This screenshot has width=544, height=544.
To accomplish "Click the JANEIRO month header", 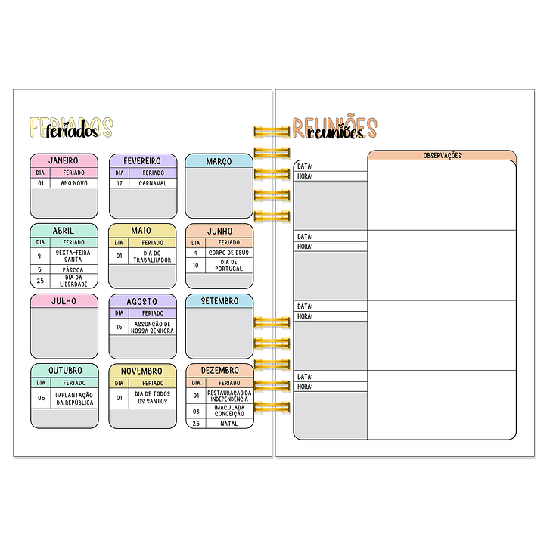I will point(64,160).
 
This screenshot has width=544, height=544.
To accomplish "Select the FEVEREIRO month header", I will point(142,160).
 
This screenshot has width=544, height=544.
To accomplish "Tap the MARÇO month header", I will point(219,160).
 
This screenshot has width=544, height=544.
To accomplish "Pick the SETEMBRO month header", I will point(219,300).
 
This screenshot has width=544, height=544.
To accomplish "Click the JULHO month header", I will point(64,300).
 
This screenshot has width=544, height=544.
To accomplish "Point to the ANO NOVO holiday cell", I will point(74,182).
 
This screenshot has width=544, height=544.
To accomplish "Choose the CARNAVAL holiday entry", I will point(152,182).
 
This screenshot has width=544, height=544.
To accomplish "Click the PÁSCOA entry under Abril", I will point(74,269).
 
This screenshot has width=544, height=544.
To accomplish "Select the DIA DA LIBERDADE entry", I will point(74,281).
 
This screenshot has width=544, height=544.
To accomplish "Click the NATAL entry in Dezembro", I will point(228,424).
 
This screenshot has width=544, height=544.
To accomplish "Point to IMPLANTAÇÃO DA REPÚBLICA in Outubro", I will point(74,399).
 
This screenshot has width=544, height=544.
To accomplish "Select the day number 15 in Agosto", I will point(119,327).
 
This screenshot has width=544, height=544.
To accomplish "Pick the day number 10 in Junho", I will point(196,266).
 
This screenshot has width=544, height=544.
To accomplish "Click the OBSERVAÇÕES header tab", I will point(442,155).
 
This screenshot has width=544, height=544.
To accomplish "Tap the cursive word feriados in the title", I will point(72,131).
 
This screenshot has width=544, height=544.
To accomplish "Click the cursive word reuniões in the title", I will point(335,133).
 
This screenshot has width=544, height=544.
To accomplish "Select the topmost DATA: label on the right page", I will point(305,166).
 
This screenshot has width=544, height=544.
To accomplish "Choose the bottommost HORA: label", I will point(305,387).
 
